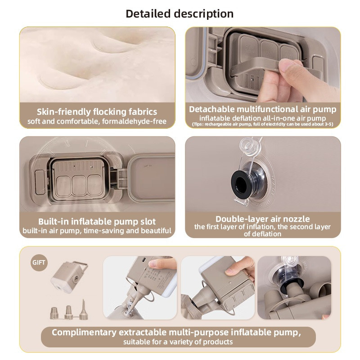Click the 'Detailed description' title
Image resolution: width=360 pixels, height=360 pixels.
point(180,13)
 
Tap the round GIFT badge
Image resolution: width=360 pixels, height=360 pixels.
point(39,262)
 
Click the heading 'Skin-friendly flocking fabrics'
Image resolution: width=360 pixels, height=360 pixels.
point(97,112)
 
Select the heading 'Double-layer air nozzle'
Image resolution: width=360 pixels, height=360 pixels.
point(262,219)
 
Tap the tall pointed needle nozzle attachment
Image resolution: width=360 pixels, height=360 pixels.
point(84,310)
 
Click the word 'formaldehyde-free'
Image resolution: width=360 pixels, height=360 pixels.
point(134,121)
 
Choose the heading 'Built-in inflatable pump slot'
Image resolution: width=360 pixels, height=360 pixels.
point(97,221)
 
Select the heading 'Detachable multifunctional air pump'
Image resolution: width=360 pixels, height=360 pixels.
point(262,109)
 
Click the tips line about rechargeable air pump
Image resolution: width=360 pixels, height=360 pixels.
point(262,124)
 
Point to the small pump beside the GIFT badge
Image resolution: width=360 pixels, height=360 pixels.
point(69,277)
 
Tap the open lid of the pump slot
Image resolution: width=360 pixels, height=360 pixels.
point(152,178)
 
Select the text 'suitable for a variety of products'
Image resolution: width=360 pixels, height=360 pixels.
point(178,342)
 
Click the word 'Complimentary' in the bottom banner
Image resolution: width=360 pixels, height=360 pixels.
point(84,332)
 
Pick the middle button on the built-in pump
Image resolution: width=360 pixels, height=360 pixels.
point(79,185)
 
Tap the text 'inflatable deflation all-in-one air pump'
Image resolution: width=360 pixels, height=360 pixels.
point(262,118)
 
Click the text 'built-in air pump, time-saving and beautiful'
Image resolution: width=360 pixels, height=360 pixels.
point(97,230)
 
